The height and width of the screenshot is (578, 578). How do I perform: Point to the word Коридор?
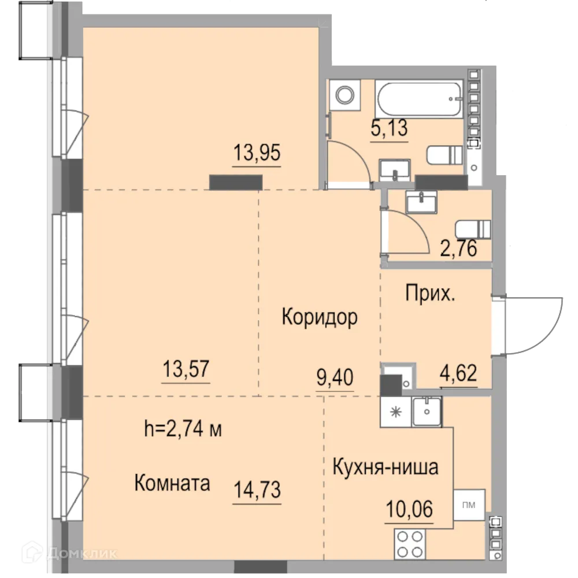point(320,317)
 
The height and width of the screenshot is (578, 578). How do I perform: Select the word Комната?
point(172,483)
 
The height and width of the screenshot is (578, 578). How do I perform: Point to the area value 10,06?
point(409,510)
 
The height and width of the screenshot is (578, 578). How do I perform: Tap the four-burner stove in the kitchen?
point(410,544)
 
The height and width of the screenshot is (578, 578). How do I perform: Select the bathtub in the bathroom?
point(418,99)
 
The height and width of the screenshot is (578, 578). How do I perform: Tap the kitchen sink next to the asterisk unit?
point(427,411)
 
